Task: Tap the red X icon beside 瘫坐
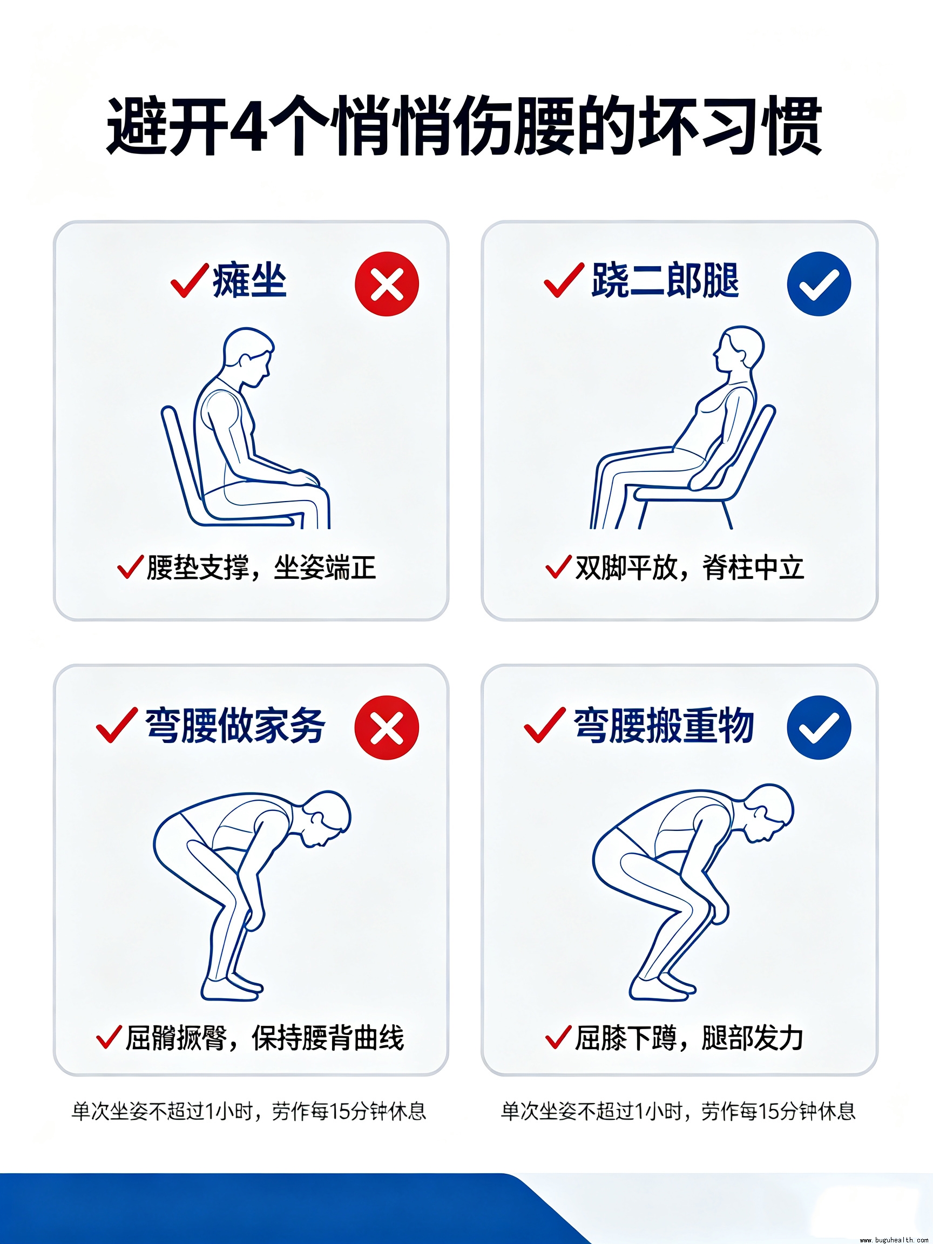387,284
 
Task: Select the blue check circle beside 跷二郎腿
819,283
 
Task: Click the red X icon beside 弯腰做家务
387,728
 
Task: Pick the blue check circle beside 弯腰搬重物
819,728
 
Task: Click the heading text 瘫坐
249,280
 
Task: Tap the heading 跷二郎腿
665,280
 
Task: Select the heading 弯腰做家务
235,726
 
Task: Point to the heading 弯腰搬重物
664,726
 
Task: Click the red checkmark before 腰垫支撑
130,566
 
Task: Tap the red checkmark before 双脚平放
558,566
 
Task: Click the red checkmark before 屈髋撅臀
109,1037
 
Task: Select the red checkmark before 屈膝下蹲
558,1037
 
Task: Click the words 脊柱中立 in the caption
753,567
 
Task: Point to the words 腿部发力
753,1038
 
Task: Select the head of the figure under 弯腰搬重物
768,813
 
